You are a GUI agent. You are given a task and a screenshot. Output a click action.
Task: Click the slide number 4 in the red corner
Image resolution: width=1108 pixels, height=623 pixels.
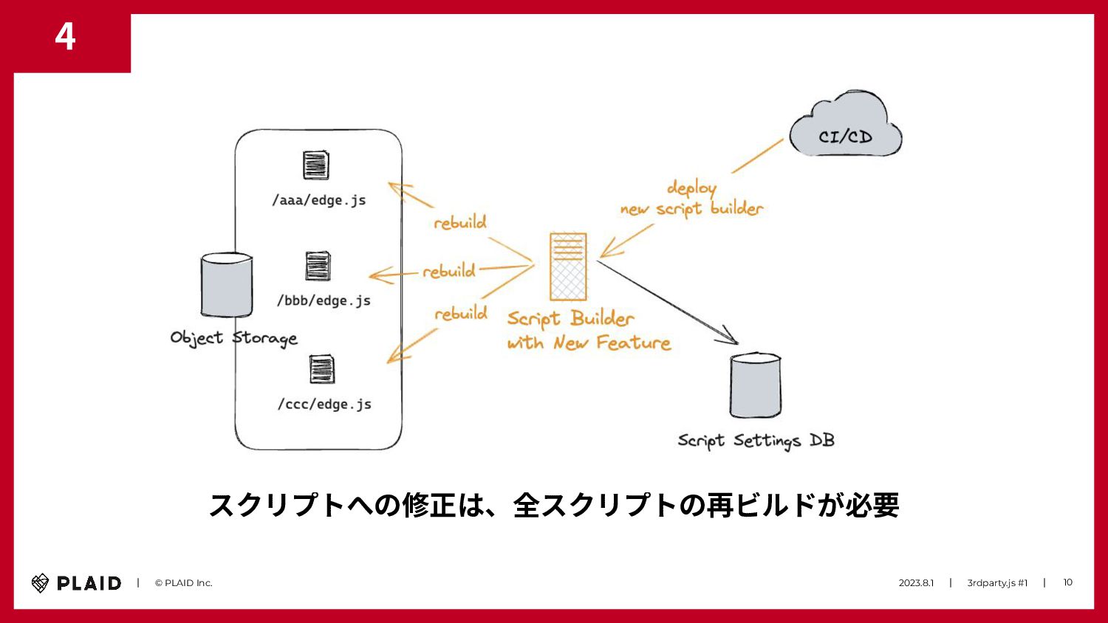tap(65, 37)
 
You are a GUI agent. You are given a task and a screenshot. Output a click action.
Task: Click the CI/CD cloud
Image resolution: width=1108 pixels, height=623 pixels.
tap(845, 129)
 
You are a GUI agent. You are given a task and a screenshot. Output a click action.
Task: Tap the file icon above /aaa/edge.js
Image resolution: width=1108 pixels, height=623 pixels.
tap(315, 165)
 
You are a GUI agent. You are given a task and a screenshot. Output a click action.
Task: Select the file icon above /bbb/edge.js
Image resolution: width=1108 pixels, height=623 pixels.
tap(318, 266)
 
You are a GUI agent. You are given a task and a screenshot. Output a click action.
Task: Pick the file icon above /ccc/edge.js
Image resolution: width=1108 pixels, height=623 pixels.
tap(321, 369)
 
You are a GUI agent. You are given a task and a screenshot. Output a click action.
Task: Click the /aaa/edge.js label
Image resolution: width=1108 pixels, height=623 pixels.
tap(319, 200)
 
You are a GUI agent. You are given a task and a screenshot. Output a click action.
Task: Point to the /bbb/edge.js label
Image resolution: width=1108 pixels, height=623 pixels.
tap(324, 300)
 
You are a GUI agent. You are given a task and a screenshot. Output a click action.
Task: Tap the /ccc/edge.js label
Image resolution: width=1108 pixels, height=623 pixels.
tap(324, 404)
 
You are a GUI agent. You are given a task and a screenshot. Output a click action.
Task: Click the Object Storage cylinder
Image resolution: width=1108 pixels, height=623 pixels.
tap(226, 286)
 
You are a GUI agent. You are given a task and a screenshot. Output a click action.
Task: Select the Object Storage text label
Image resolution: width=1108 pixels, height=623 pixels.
tap(233, 338)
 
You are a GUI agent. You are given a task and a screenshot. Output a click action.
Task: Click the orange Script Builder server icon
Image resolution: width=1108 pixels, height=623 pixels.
tap(568, 266)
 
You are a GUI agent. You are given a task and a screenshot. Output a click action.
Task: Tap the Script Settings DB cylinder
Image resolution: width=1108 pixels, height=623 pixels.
tap(755, 385)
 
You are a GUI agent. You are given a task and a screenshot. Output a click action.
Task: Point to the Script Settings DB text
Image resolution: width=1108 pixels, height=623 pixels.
tap(756, 441)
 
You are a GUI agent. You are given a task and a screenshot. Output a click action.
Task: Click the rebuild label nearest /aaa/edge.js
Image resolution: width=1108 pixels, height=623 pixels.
tap(459, 222)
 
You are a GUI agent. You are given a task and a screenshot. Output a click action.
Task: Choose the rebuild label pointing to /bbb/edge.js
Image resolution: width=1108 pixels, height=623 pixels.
tap(448, 271)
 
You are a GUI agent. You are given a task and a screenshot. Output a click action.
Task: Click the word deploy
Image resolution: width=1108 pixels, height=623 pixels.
tap(691, 188)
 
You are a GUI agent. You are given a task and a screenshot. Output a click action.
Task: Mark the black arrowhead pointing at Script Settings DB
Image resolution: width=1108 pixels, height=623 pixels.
tap(731, 338)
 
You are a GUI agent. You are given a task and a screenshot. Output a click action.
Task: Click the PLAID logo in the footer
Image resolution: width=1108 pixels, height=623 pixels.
tap(76, 583)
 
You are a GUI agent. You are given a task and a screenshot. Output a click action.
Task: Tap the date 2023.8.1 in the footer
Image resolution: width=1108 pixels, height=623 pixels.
tap(916, 583)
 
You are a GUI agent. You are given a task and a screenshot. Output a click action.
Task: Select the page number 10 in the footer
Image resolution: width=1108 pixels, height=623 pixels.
tap(1067, 582)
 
